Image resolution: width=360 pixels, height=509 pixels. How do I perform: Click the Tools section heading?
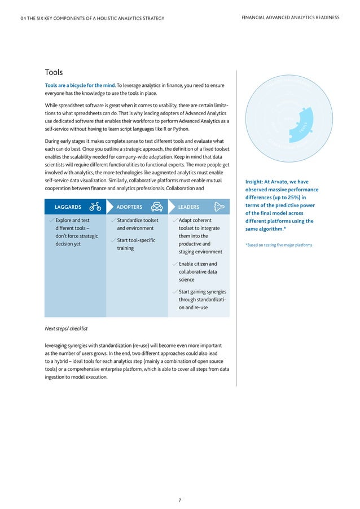54,72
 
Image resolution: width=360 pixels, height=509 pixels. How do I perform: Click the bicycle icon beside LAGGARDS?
95,207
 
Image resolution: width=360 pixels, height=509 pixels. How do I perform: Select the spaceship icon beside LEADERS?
219,207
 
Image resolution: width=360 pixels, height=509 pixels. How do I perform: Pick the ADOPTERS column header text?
129,207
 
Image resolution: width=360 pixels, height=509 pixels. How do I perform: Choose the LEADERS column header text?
188,207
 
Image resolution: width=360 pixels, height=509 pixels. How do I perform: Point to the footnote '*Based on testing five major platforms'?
279,244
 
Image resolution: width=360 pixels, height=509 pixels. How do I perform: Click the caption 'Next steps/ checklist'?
66,328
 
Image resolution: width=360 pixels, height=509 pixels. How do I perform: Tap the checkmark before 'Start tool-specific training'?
113,241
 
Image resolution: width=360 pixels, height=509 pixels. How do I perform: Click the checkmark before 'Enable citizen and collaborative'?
175,264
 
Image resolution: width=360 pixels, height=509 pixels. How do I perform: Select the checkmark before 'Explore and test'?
52,221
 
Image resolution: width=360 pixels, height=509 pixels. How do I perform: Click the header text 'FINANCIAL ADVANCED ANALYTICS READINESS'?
289,17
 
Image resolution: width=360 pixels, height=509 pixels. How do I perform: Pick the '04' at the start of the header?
23,18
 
